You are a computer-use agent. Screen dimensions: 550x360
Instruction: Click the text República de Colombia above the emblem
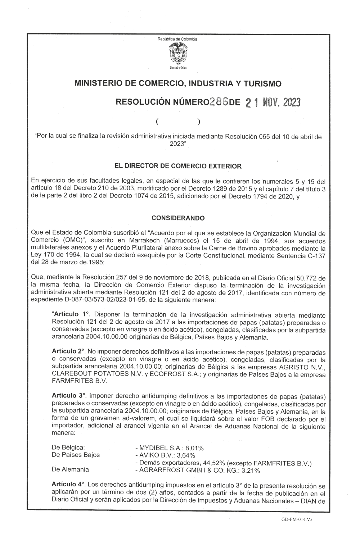(177, 39)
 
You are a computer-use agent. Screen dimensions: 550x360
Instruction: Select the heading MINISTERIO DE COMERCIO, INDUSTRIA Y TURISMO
(177, 84)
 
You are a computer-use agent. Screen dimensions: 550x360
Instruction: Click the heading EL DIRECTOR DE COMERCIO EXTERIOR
(178, 166)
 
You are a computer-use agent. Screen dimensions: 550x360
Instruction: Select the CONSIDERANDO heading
(178, 218)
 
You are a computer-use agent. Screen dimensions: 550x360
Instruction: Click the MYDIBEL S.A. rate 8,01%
(195, 448)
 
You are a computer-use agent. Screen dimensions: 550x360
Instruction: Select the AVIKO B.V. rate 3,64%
(185, 455)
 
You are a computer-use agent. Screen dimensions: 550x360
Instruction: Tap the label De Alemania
(70, 469)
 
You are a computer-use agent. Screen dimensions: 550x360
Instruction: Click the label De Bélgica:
(68, 448)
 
